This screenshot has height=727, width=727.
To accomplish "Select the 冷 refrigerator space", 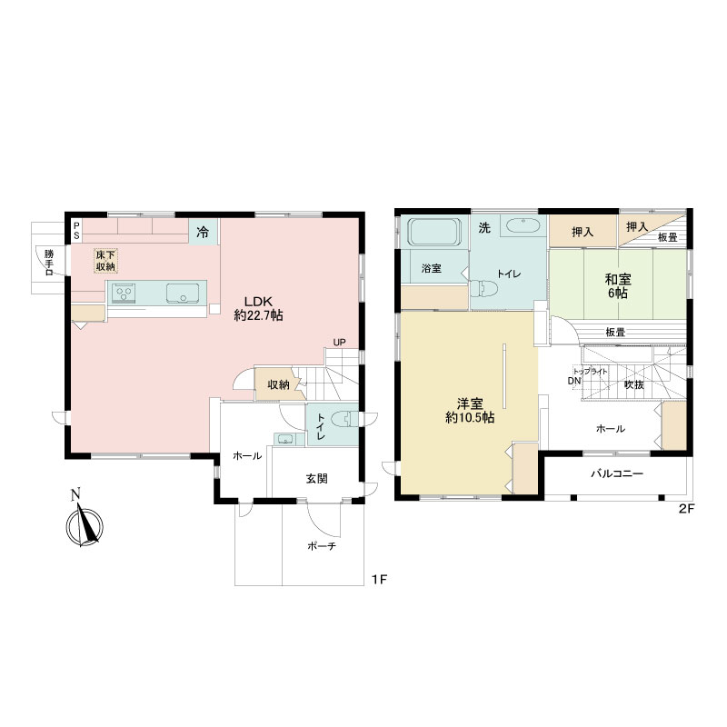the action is click(x=203, y=232).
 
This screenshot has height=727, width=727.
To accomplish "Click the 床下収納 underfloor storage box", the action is click(x=105, y=261).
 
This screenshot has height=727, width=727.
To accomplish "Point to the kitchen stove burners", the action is click(x=124, y=294).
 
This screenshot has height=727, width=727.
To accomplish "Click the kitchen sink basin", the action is click(x=183, y=294).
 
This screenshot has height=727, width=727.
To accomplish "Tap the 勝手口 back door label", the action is click(x=49, y=263).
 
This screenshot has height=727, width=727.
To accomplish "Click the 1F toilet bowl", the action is click(x=345, y=420).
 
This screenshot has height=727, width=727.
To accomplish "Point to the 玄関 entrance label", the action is click(x=316, y=478).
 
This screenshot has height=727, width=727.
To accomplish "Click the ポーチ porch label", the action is click(x=322, y=546).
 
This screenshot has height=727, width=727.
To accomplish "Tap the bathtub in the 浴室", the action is click(x=434, y=232).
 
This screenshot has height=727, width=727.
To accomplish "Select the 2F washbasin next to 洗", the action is click(x=523, y=225).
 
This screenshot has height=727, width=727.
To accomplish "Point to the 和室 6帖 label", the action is click(x=618, y=286).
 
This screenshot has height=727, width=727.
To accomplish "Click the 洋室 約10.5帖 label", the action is click(x=470, y=411).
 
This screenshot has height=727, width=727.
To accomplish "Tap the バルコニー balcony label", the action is click(x=617, y=473).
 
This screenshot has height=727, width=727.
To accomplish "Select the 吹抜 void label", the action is click(x=633, y=384).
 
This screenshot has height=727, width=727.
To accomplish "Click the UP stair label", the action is click(x=339, y=343).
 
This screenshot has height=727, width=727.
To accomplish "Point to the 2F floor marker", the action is click(x=686, y=509).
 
